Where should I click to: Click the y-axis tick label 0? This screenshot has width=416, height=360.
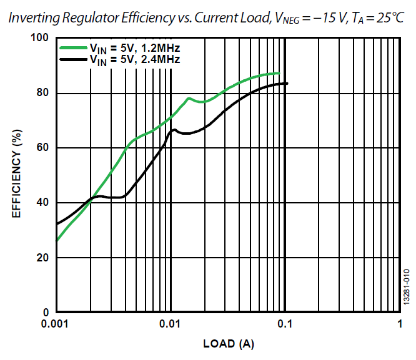tap(46, 312)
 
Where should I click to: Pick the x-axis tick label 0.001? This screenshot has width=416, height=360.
tap(56, 324)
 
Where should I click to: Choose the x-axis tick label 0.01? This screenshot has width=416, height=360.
tap(171, 324)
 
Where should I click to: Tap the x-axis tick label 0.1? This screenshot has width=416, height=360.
tap(285, 324)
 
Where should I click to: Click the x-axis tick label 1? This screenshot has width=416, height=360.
tap(400, 324)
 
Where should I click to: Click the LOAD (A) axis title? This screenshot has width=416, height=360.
tap(229, 344)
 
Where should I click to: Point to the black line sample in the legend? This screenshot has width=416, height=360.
tap(73, 59)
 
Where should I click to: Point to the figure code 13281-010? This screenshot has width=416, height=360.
tap(406, 286)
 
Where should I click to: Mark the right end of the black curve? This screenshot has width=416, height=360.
tap(287, 84)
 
